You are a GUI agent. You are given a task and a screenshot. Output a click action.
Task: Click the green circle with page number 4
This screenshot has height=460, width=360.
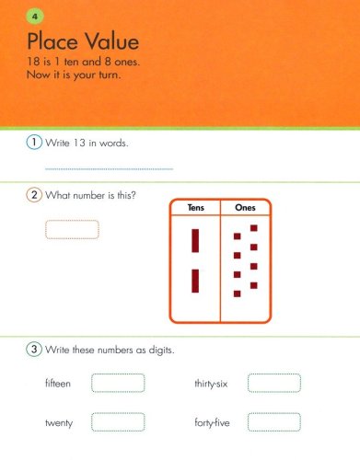coord(35,17)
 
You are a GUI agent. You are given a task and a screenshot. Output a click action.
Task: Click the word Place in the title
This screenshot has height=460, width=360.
coord(52,41)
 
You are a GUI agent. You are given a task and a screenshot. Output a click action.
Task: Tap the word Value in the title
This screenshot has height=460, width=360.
coord(112,41)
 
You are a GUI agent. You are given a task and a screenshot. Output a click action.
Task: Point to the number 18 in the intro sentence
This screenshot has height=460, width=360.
coord(33,62)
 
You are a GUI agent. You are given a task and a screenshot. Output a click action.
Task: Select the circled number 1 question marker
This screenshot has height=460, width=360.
coord(34,142)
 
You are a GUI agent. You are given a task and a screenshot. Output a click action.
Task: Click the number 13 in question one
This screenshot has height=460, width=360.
coord(79,143)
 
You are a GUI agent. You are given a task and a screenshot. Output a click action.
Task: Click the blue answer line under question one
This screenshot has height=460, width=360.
coord(109,168)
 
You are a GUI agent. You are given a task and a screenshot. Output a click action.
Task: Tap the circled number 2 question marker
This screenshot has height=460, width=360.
coord(34,195)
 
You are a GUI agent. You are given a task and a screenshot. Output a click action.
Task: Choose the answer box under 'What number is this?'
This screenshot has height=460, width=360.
coord(72,229)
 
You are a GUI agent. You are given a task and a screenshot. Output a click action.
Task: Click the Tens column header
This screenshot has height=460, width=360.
coord(196,208)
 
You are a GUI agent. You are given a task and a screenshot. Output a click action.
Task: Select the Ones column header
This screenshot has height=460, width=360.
coord(245,208)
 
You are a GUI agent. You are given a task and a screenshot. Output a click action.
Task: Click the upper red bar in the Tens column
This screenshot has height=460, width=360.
coord(195,241)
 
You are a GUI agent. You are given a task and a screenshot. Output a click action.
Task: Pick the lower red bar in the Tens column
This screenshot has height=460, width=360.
coord(195,281)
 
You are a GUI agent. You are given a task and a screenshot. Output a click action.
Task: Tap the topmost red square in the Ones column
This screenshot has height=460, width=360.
coord(254,228)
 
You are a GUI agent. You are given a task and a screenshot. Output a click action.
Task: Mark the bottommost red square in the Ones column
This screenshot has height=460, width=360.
coord(238,293)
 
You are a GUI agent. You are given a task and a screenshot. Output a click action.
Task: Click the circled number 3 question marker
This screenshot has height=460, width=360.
coord(34,349)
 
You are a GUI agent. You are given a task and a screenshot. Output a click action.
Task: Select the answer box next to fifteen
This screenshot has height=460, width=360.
coord(118,383)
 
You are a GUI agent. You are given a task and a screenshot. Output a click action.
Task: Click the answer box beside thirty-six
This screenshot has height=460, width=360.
coord(274,383)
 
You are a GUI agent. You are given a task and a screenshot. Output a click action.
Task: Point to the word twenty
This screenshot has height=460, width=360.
coord(59,423)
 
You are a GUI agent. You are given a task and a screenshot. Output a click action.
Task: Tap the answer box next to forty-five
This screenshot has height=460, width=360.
coord(274,422)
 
